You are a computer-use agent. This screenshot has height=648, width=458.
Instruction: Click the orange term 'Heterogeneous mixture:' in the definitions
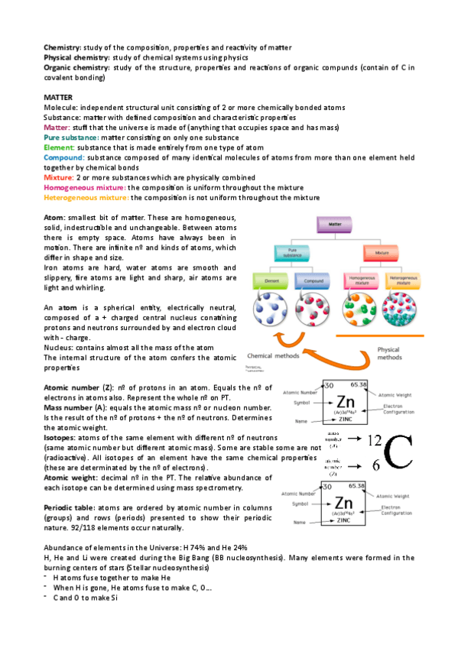86,197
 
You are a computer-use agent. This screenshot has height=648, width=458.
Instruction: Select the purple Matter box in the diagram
335,225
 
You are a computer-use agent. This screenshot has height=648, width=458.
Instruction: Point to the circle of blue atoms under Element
271,313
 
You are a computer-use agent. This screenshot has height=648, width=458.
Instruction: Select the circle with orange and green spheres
359,313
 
